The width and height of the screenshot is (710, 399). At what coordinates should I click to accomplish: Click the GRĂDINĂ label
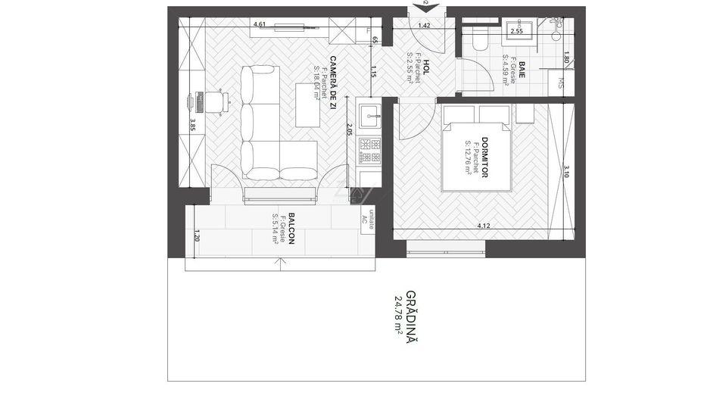411,316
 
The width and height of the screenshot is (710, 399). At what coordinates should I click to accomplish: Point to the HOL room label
427,67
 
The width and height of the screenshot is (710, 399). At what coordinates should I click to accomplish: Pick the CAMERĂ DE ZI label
332,83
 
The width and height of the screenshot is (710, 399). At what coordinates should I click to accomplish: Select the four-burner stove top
370,150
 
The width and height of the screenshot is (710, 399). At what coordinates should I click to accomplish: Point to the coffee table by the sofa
307,104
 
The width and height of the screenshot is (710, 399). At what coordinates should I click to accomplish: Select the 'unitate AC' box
368,217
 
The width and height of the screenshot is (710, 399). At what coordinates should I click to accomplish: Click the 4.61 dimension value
259,24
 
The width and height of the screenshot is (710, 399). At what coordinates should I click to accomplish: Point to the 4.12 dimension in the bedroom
484,225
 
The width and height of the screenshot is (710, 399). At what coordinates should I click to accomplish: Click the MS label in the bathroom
562,82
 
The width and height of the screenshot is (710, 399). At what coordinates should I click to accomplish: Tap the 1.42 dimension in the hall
424,25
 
